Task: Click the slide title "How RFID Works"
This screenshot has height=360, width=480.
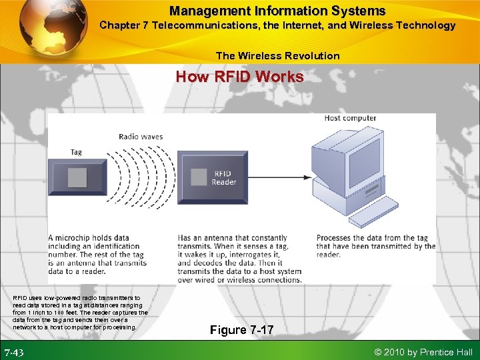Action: [x=239, y=77]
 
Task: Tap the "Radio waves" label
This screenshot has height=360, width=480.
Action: [x=141, y=137]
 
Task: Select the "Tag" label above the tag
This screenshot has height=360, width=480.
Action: [x=76, y=152]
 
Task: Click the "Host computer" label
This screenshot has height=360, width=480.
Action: [x=350, y=119]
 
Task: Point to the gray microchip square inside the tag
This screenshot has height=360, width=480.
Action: [x=77, y=177]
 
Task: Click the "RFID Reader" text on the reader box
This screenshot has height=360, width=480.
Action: [x=224, y=177]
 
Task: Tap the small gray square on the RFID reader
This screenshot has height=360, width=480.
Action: [x=199, y=177]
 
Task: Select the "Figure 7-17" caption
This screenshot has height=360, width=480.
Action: [x=241, y=330]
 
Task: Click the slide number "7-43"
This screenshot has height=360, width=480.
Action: [x=15, y=352]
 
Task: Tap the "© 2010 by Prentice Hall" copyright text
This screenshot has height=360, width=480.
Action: [x=424, y=352]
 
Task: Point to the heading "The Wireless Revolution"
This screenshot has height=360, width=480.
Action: [x=277, y=56]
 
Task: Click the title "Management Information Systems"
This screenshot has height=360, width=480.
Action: [x=277, y=11]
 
